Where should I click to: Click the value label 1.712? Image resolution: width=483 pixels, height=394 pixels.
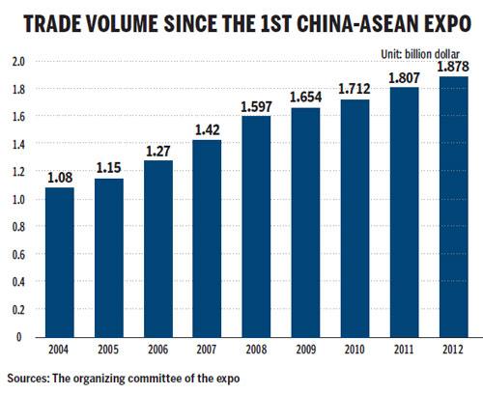(x=378, y=89)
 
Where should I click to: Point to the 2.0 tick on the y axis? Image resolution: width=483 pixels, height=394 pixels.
(x=16, y=61)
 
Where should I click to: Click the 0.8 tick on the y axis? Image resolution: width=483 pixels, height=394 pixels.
(x=16, y=227)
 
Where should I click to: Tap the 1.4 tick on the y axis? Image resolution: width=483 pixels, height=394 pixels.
(x=16, y=144)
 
